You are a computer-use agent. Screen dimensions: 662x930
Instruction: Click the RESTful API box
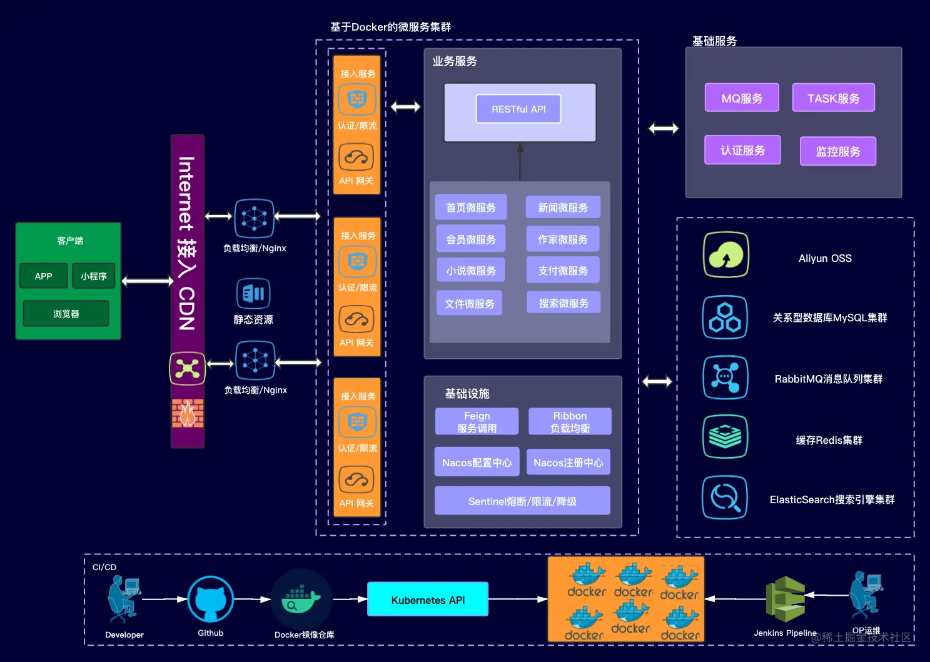pyautogui.click(x=518, y=109)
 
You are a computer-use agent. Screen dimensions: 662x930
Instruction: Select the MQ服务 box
pyautogui.click(x=742, y=98)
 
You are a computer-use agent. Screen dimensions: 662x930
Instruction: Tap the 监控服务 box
pyautogui.click(x=837, y=151)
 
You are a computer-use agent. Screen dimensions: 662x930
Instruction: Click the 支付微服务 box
pyautogui.click(x=563, y=271)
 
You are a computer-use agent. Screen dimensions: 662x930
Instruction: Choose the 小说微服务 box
pyautogui.click(x=471, y=271)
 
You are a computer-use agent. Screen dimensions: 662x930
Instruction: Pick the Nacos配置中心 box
pyautogui.click(x=477, y=463)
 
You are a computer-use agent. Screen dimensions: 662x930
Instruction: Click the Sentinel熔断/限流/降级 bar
pyautogui.click(x=522, y=501)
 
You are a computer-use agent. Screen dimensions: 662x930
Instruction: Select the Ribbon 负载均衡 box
pyautogui.click(x=570, y=422)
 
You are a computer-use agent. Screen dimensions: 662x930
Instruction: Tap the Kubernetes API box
pyautogui.click(x=428, y=599)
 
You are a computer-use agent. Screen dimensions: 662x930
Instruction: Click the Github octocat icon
pyautogui.click(x=211, y=599)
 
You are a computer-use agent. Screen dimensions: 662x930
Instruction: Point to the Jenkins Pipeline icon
pyautogui.click(x=786, y=599)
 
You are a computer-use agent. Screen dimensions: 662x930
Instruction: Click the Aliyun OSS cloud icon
pyautogui.click(x=725, y=254)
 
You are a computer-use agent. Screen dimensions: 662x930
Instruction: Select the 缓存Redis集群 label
pyautogui.click(x=829, y=440)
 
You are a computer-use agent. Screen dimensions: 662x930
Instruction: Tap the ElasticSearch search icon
pyautogui.click(x=725, y=498)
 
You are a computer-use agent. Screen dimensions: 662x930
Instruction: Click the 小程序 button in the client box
pyautogui.click(x=94, y=276)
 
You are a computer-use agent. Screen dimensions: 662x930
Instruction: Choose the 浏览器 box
pyautogui.click(x=66, y=314)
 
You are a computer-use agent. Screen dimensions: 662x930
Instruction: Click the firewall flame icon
pyautogui.click(x=188, y=413)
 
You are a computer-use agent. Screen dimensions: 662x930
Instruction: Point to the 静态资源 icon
pyautogui.click(x=253, y=293)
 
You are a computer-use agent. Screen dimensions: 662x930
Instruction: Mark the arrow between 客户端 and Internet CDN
pyautogui.click(x=147, y=281)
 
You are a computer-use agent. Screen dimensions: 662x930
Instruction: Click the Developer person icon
pyautogui.click(x=123, y=599)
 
